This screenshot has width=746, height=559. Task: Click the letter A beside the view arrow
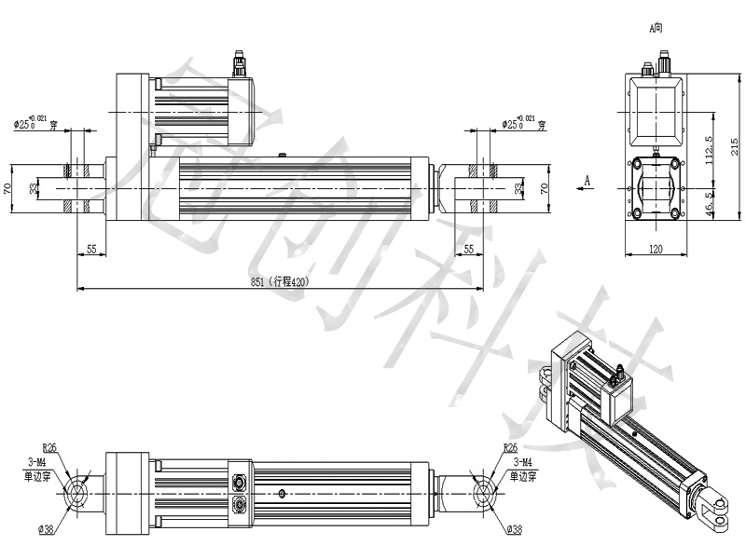(x=587, y=177)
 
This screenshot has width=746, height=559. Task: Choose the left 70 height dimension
(x=7, y=188)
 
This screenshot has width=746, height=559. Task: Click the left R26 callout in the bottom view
(x=50, y=448)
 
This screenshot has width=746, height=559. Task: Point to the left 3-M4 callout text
(x=41, y=461)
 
